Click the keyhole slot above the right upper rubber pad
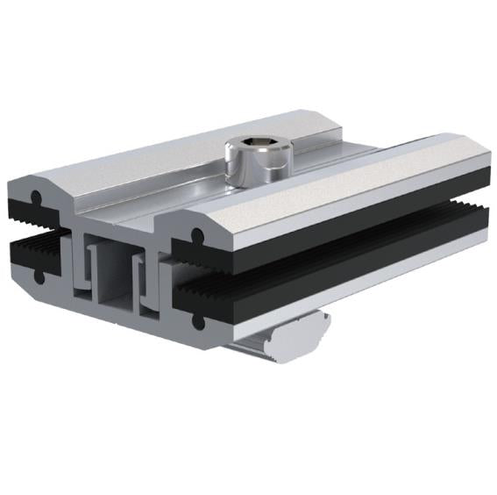tap(199, 234)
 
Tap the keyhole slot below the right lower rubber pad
tap(201, 322)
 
